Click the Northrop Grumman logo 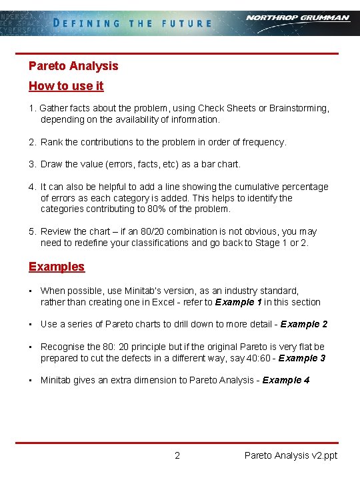(297, 18)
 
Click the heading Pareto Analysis (73, 65)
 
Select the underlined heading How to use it (66, 86)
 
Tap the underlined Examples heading (57, 267)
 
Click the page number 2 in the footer (177, 456)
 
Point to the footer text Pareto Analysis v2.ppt (291, 456)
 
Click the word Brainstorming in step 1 (299, 108)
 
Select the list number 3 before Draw (31, 164)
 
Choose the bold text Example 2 (304, 324)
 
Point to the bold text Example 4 (286, 380)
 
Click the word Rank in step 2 (51, 142)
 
